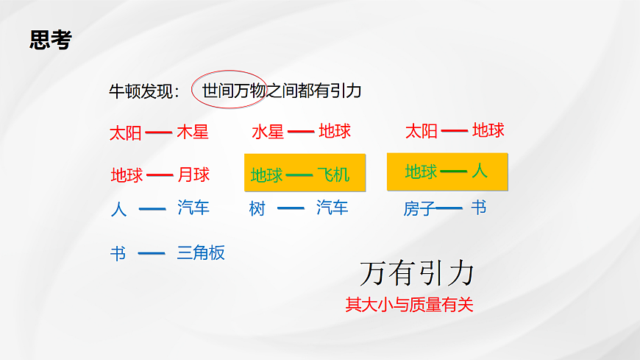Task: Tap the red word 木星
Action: click(x=193, y=133)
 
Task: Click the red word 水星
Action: click(x=267, y=133)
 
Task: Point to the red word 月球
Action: click(x=194, y=175)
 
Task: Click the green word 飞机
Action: click(x=333, y=175)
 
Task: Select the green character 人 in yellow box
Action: click(x=480, y=172)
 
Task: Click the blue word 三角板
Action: click(x=201, y=253)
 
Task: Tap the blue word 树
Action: click(x=257, y=209)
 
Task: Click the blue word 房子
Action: click(x=419, y=209)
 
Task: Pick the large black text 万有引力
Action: click(x=416, y=273)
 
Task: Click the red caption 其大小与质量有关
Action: click(x=409, y=305)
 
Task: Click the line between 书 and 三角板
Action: click(x=152, y=253)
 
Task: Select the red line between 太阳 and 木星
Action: click(x=158, y=133)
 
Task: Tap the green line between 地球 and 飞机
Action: click(x=299, y=175)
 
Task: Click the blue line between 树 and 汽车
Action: click(x=291, y=209)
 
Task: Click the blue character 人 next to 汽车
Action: click(x=118, y=209)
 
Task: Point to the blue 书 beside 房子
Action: click(x=478, y=208)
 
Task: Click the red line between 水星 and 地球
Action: click(x=301, y=132)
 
